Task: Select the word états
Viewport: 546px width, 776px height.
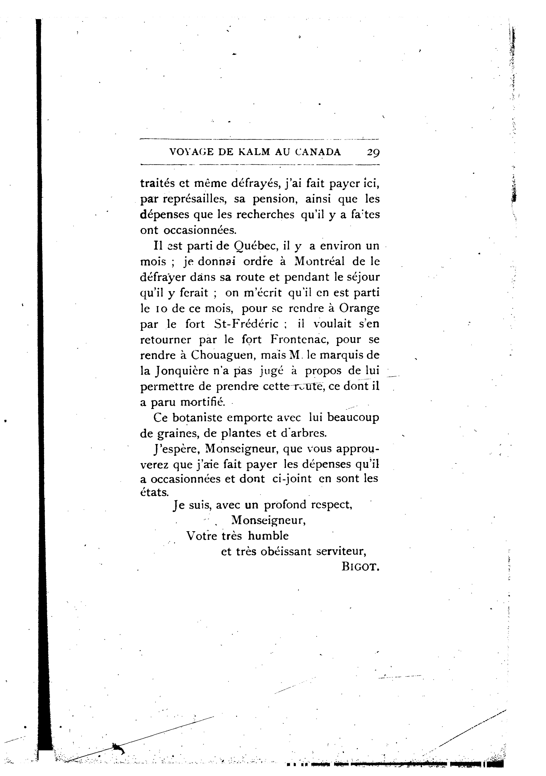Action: pos(154,492)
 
